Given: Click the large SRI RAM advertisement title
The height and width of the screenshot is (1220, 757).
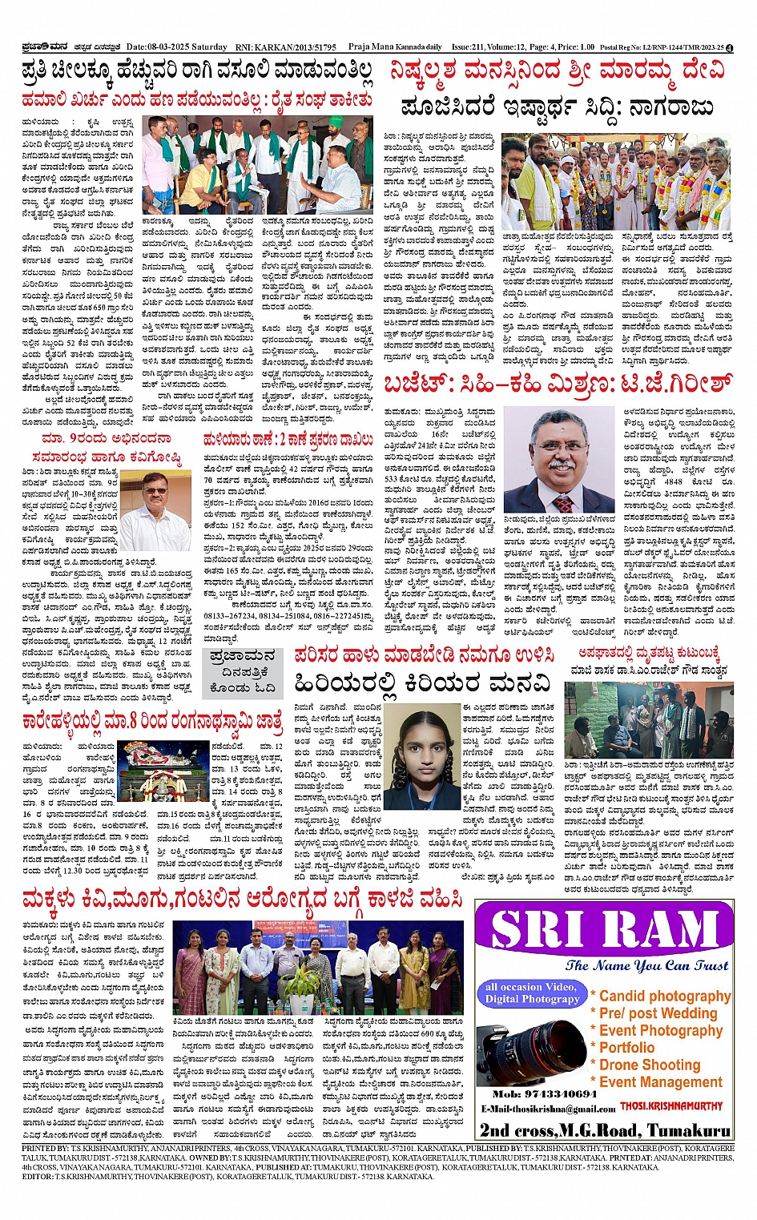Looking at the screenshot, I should [604, 931].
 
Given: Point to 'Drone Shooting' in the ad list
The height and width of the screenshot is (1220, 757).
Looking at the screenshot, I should [650, 1065].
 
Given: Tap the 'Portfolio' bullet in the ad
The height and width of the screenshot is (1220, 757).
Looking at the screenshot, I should [626, 1048].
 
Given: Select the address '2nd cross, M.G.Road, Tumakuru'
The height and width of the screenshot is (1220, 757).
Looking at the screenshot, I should [605, 1129].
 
